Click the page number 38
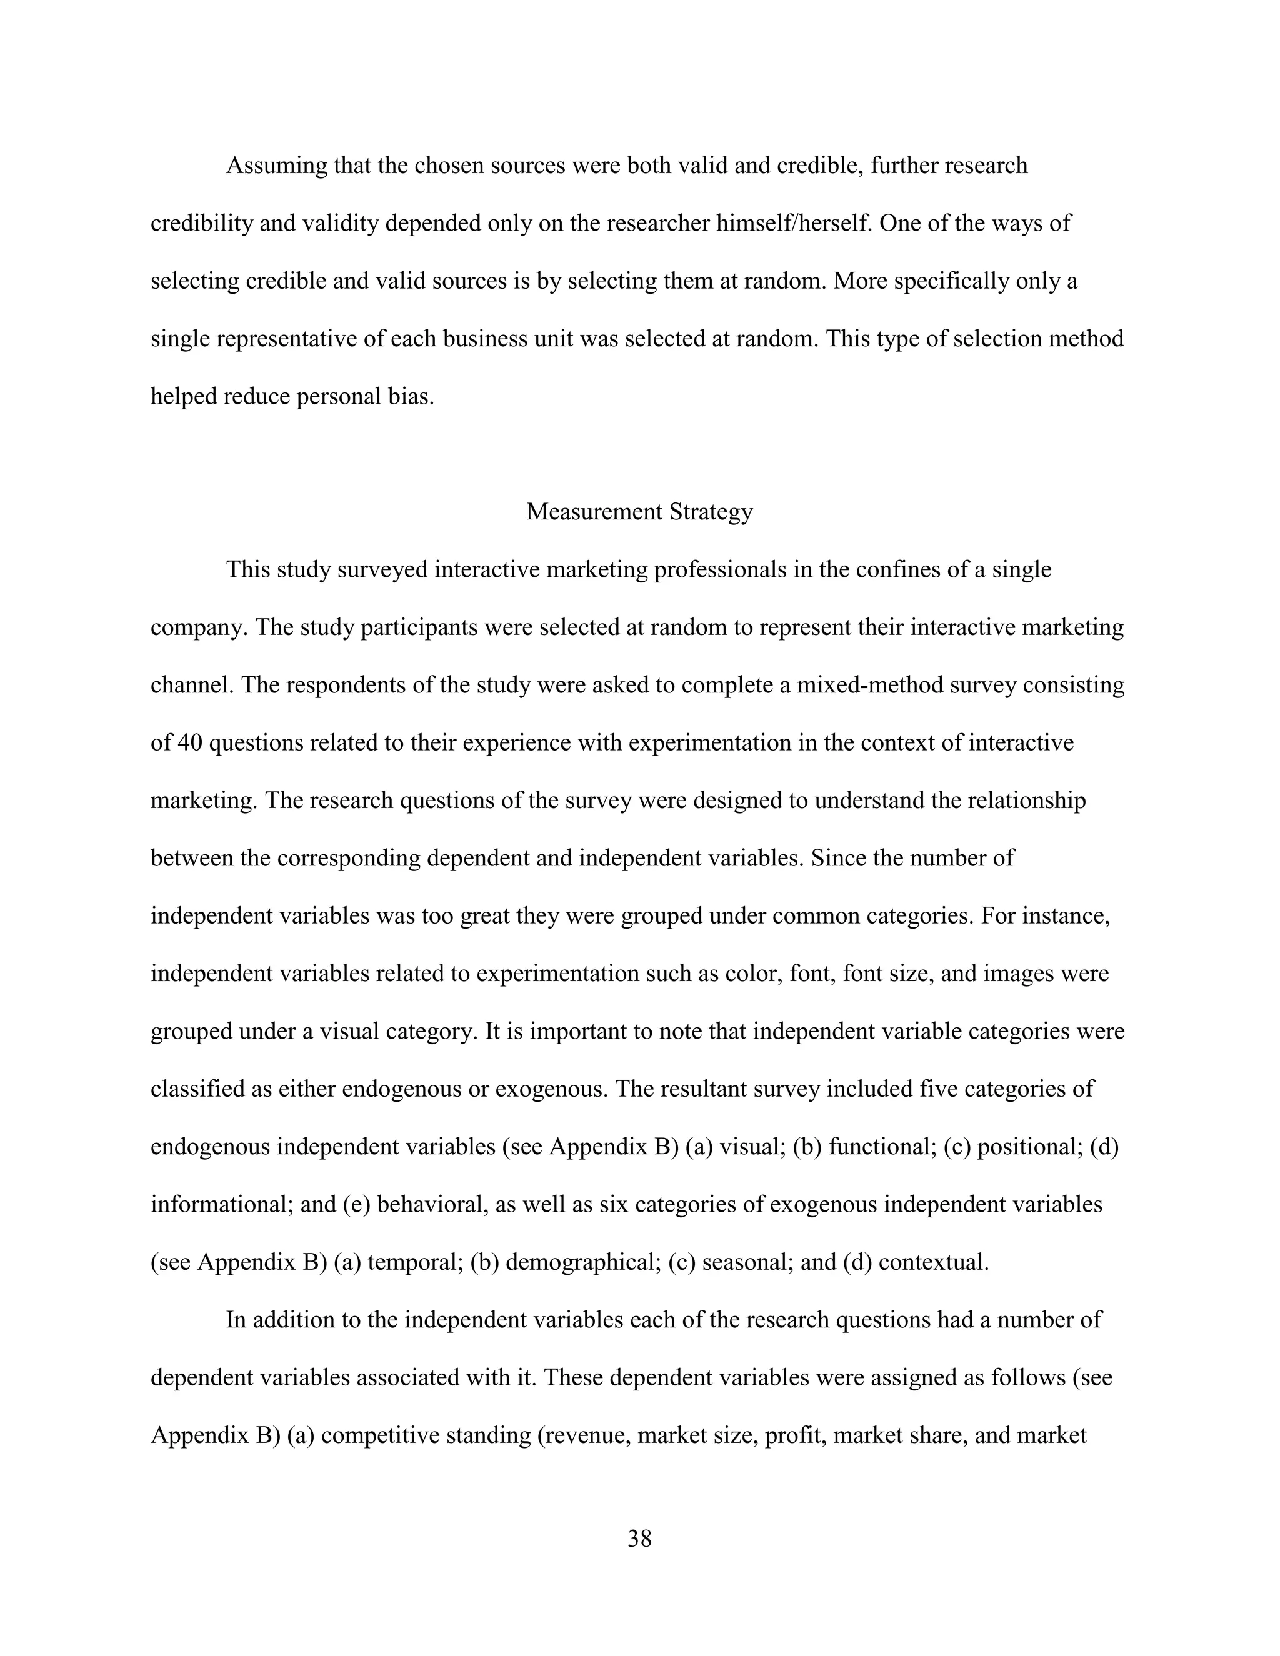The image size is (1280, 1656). point(639,1539)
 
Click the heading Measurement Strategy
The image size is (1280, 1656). point(639,512)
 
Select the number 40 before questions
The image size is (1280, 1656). point(189,742)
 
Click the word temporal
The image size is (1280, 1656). point(415,1262)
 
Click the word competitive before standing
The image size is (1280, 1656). point(380,1435)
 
